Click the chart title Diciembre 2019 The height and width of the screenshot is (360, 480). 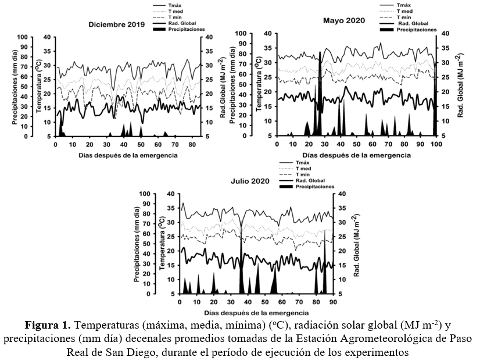pos(116,24)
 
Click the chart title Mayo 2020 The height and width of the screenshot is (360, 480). pos(344,20)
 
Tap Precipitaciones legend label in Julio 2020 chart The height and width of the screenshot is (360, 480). pos(314,186)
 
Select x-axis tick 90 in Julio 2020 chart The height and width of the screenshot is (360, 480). pos(333,302)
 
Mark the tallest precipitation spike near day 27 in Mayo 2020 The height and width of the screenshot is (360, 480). pos(320,93)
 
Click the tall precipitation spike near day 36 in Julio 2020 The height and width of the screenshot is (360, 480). pos(241,256)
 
